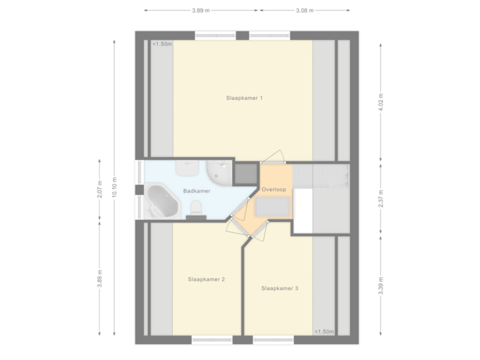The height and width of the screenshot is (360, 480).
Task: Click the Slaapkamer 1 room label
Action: [x=244, y=98]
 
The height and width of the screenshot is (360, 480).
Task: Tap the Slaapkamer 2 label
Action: [x=206, y=279]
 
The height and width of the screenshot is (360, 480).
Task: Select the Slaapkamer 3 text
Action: [x=279, y=289]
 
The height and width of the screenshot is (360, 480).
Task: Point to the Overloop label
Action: [x=273, y=190]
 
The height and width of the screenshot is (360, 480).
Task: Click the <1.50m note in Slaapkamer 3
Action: [x=323, y=331]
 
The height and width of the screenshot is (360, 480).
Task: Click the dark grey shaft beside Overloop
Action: [x=246, y=173]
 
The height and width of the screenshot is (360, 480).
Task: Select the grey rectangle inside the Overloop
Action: [x=273, y=208]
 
